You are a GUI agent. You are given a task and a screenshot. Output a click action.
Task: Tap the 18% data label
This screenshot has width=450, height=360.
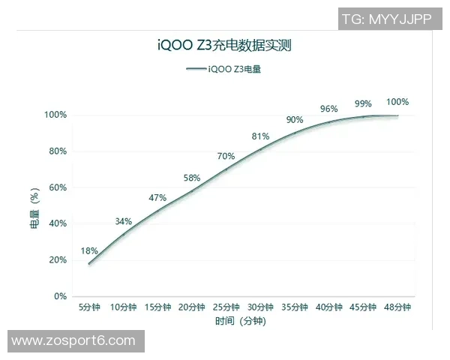(89, 250)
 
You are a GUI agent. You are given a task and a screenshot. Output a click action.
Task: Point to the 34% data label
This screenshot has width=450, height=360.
(124, 221)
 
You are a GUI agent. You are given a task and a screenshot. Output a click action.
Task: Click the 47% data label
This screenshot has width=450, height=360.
(157, 197)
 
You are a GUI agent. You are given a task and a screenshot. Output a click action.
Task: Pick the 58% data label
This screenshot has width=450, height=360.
(192, 178)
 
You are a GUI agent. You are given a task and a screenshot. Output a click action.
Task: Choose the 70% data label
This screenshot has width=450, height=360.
(226, 156)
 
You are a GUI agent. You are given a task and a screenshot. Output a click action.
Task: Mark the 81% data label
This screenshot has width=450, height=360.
(260, 136)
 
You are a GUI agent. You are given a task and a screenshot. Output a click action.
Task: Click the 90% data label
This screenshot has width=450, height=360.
(295, 120)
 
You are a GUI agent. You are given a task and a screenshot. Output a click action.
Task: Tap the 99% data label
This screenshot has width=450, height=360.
(364, 103)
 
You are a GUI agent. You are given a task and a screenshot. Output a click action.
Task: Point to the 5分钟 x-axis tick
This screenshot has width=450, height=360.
(89, 307)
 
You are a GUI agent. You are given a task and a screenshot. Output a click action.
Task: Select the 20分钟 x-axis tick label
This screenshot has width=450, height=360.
(192, 307)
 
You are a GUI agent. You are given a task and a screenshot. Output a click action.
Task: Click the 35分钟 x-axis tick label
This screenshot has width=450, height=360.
(295, 307)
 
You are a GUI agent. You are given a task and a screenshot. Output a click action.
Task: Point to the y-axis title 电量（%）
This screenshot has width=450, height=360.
(34, 208)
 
